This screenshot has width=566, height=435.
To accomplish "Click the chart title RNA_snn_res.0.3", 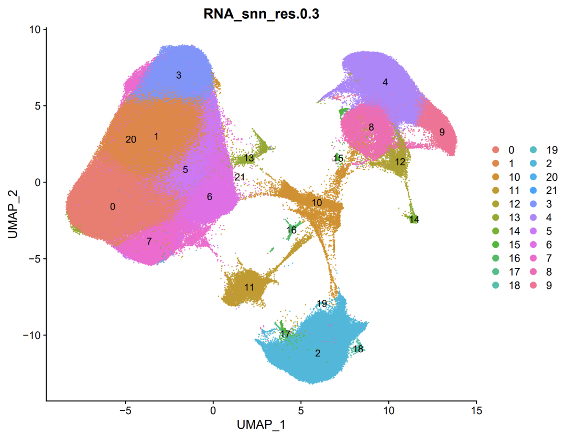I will coord(262,15).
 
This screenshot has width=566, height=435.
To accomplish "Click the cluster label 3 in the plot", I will coord(179,75).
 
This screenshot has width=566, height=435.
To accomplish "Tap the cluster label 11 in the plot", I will coord(249,287).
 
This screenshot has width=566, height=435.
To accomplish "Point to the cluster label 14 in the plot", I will coord(414,219).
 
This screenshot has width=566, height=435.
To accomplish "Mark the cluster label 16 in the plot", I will coord(292,230).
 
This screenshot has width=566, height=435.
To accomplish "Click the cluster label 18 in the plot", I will coord(358,349).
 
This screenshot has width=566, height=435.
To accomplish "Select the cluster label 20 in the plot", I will coord(131,140).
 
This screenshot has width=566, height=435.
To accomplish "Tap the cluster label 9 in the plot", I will coord(442,132).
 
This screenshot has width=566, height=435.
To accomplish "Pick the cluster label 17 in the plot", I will coord(285,334).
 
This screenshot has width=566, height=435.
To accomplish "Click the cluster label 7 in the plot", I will coord(149,242).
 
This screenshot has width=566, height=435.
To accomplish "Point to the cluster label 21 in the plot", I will coord(240,177).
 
